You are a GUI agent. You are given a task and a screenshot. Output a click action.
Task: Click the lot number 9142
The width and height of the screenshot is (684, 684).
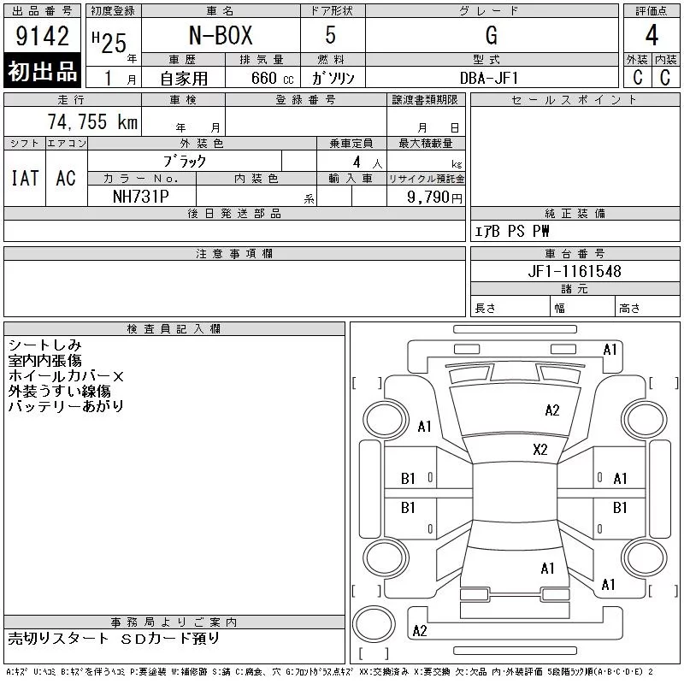point(42,36)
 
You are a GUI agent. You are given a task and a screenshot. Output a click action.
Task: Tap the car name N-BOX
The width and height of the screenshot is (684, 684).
point(221,35)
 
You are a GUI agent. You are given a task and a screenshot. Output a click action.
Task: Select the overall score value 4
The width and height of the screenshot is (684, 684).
point(652,35)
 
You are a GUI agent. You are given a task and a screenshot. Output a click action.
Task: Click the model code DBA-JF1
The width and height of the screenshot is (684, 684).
point(489,78)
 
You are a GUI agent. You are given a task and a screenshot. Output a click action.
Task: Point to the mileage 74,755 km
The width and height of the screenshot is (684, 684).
point(92,121)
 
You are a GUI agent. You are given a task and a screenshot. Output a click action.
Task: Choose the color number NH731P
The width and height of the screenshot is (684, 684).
point(141,197)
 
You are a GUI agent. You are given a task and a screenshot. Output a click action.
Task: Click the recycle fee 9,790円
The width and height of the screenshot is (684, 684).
point(434,198)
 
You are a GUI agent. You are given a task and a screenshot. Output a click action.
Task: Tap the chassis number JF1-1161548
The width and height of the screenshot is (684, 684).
point(575,271)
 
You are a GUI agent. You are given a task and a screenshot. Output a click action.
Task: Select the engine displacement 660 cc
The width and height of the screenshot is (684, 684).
point(273,78)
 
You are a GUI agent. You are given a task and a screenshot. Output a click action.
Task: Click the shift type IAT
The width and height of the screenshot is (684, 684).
point(25,179)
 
